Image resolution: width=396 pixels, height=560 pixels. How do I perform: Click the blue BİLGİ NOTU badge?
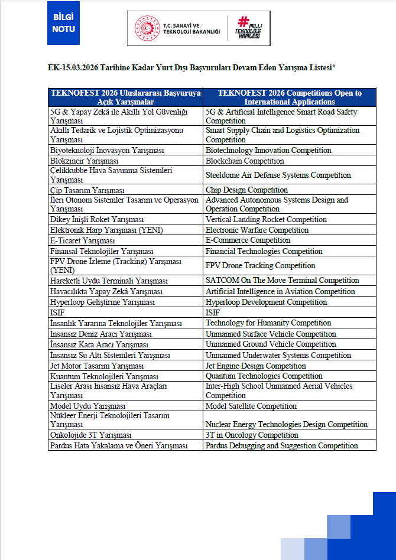click(63, 23)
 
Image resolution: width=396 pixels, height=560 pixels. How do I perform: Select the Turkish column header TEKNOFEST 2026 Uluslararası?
click(125, 97)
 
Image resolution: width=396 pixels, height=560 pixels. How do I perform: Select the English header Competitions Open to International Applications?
click(290, 97)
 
